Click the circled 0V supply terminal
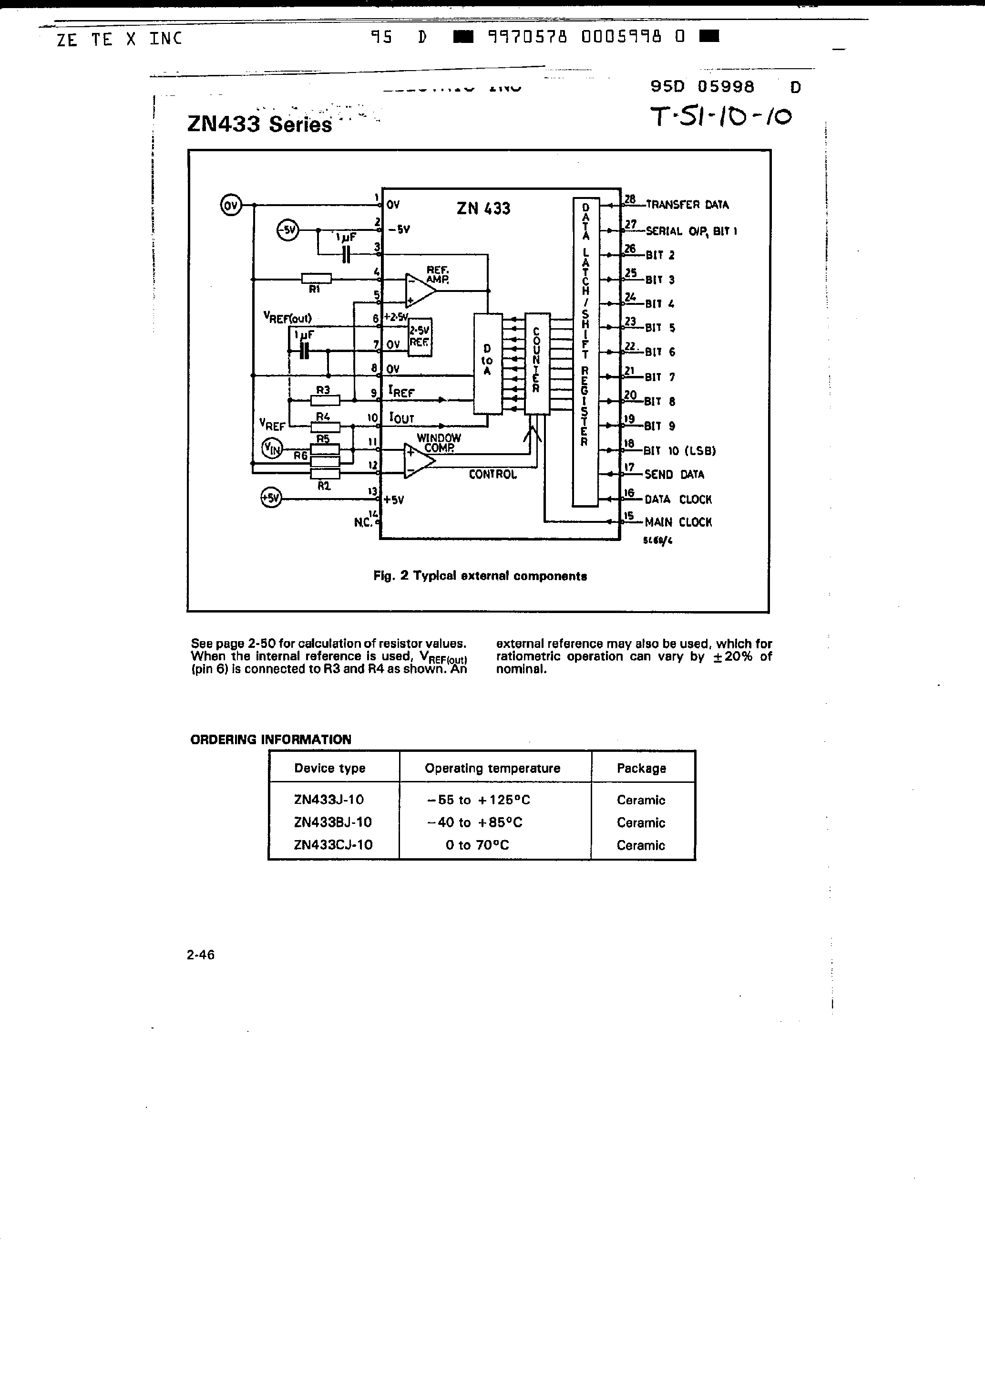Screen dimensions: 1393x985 point(230,205)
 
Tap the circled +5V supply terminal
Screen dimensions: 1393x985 point(270,498)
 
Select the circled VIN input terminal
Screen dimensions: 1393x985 point(272,449)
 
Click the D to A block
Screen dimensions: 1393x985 point(488,363)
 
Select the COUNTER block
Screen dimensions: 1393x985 point(537,363)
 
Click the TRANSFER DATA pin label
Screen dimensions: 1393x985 point(687,205)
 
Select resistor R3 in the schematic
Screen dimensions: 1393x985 point(325,400)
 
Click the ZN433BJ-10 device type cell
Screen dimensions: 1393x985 point(332,822)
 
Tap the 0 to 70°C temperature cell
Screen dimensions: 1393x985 point(477,844)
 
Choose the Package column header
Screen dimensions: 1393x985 point(641,768)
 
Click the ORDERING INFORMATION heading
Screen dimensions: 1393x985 point(270,739)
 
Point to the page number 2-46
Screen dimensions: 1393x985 point(201,955)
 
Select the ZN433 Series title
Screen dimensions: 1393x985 point(259,124)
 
